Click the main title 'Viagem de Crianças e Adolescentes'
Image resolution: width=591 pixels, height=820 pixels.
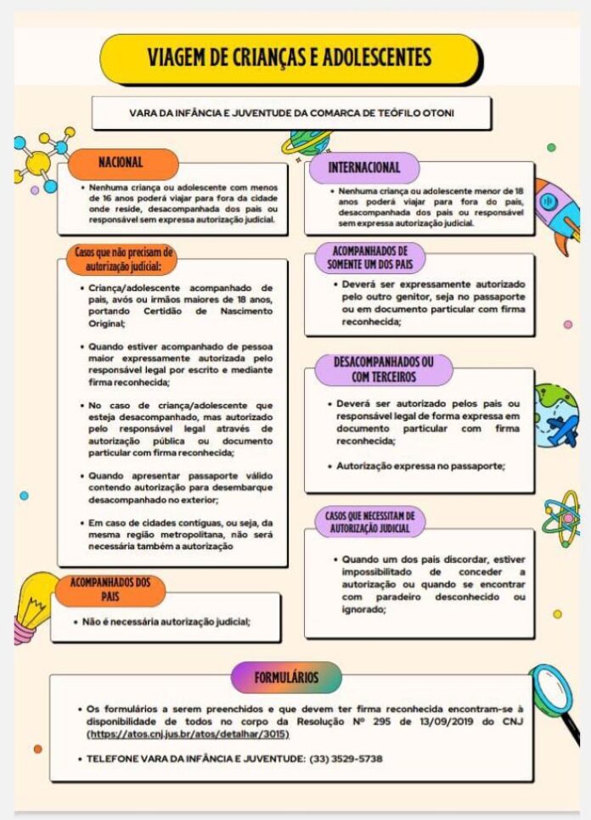click(289, 59)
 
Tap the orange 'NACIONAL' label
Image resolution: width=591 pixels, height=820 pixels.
click(121, 162)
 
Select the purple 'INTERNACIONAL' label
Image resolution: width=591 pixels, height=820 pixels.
click(363, 167)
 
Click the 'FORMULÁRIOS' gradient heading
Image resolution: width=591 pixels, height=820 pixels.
click(286, 677)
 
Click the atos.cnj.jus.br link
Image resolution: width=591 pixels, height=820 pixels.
click(189, 733)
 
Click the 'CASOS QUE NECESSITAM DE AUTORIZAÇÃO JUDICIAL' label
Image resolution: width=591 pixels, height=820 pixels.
click(371, 522)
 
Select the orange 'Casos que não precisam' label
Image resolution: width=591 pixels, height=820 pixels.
click(124, 258)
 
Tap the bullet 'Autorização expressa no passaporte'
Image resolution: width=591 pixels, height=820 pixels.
click(419, 466)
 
